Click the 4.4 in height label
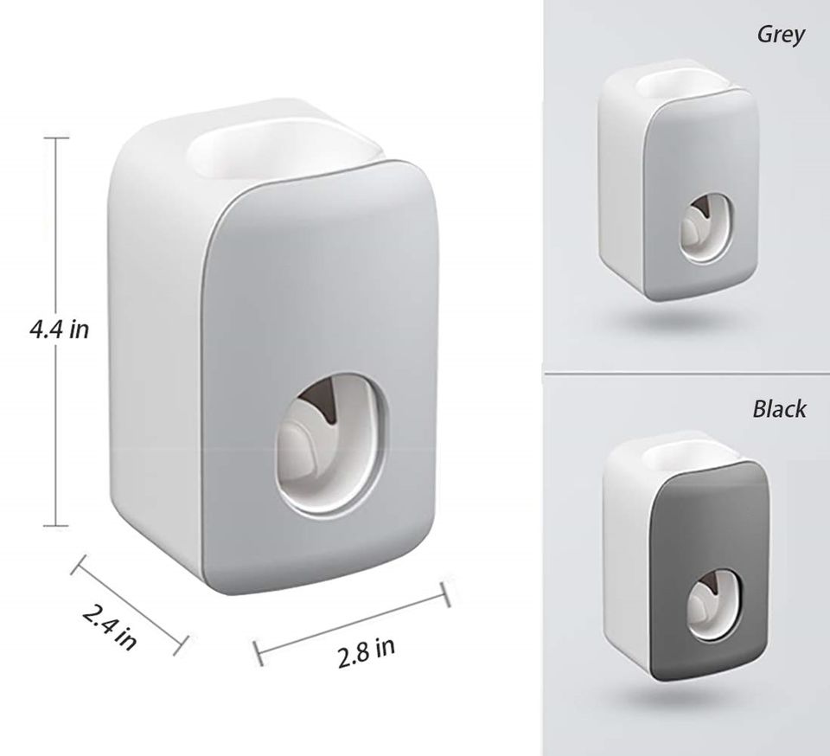point(58,330)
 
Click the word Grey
point(781,35)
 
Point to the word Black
point(779,408)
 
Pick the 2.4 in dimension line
point(130,599)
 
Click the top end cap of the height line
point(57,138)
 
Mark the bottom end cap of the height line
point(57,525)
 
